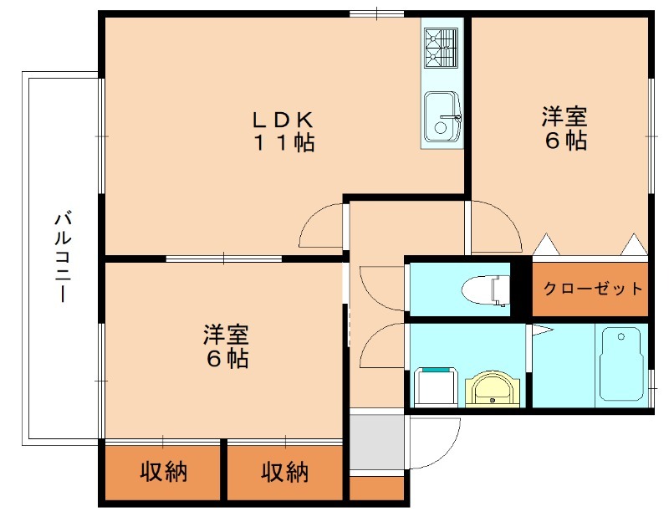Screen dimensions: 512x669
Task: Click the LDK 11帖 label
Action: [x=284, y=131]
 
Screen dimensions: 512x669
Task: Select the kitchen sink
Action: [x=441, y=115]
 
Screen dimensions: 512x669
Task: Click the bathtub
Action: [x=620, y=363]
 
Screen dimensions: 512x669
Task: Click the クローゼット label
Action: [x=593, y=289]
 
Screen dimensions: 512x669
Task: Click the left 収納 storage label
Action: [x=163, y=473]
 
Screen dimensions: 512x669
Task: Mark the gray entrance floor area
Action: [x=376, y=440]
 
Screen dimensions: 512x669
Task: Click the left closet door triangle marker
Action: [x=545, y=244]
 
